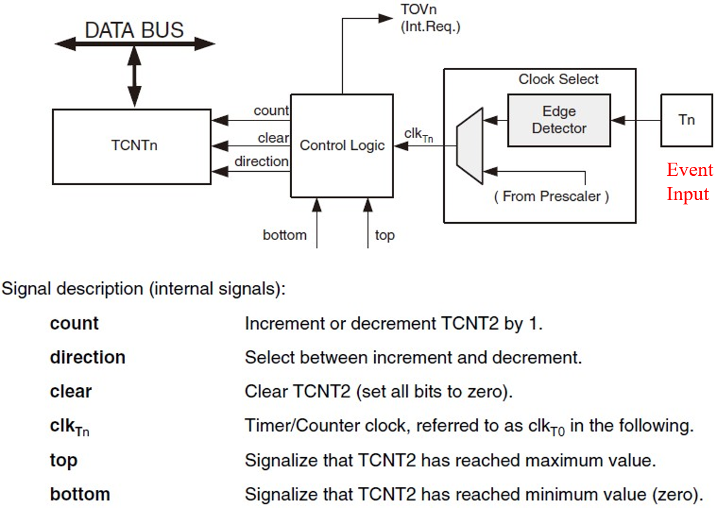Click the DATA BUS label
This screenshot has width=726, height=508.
[134, 30]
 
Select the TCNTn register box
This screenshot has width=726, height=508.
[132, 147]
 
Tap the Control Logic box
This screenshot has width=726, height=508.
[342, 146]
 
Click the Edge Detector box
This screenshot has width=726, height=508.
[559, 120]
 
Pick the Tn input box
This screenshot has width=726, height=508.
[687, 120]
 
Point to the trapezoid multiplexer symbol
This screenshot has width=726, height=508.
[470, 146]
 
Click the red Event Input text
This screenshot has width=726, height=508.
[690, 181]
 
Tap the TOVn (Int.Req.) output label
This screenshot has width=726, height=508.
[430, 18]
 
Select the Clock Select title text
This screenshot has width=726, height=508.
[559, 79]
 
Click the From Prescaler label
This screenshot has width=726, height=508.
[551, 197]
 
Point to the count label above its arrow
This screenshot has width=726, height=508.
[271, 111]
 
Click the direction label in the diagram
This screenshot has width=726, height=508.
[262, 161]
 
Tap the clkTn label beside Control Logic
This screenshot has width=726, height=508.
[418, 134]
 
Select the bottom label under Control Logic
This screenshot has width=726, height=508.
[285, 235]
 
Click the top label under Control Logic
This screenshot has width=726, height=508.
[384, 236]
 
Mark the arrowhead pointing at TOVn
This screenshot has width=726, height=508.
[386, 18]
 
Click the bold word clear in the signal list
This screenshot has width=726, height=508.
[71, 391]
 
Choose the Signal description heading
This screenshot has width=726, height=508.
[143, 288]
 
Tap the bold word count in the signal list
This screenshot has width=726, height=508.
[74, 324]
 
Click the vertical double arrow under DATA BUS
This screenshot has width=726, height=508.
[134, 76]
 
